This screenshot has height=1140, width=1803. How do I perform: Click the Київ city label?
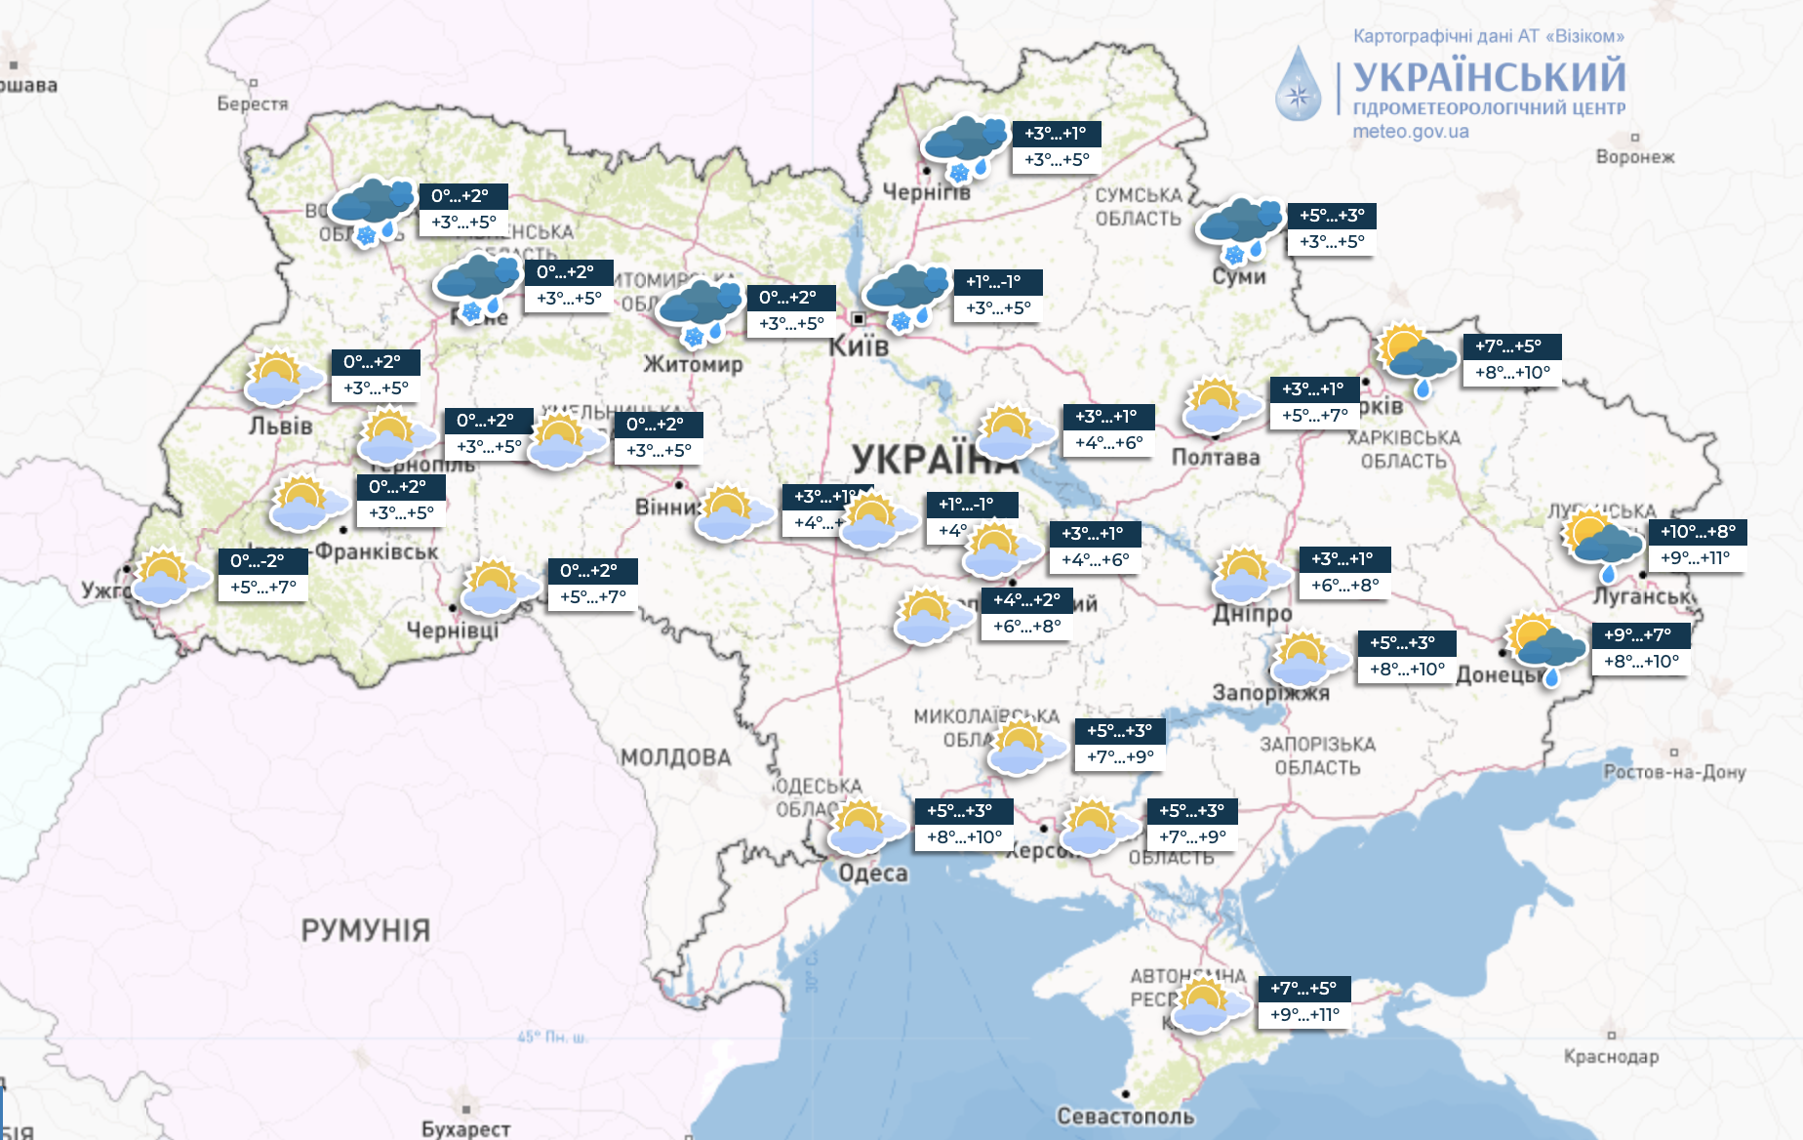pos(859,346)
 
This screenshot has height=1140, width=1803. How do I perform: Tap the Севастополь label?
pos(1125,1116)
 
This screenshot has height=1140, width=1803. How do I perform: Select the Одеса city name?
pos(873,873)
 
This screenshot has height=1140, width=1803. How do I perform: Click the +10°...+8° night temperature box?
pos(1698,532)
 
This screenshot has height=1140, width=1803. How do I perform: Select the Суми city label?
pos(1239,276)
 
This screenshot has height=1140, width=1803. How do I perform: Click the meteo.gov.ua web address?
pos(1410,131)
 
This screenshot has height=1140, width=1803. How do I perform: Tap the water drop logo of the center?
pos(1298,86)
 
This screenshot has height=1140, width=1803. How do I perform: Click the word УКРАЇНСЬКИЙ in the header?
pos(1489,77)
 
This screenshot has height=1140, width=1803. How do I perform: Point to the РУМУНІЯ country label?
pos(365,930)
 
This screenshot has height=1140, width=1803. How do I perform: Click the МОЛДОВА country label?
pos(675,757)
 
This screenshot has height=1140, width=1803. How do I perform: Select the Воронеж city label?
pos(1635,156)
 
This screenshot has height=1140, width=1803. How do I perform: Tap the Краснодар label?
pos(1611,1056)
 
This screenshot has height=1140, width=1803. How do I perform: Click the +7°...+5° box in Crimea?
pos(1303,989)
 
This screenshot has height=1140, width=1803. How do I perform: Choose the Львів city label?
pos(280,427)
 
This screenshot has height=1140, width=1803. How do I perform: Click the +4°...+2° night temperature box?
pos(1026,600)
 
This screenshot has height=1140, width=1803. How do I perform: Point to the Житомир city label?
pos(693,364)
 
